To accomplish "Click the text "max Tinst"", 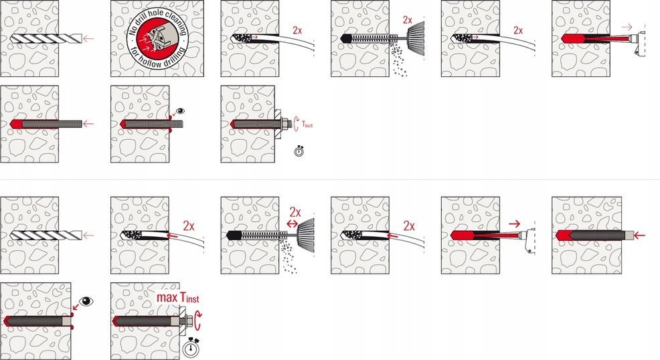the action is point(177,298).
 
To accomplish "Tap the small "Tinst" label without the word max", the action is point(307,124).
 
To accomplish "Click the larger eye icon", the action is point(86,301).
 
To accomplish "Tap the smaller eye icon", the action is point(181,111).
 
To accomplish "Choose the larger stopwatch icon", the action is point(191,347).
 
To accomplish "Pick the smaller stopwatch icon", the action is point(299,151).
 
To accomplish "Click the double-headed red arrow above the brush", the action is point(292,223).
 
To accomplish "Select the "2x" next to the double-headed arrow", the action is point(295,212).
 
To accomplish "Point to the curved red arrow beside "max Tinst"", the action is point(198,321).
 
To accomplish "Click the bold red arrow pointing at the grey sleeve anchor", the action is point(640,235).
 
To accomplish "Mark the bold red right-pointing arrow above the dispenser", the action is point(514,223).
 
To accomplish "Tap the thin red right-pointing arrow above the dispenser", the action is point(627,27).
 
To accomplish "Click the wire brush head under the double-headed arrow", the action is point(306,236).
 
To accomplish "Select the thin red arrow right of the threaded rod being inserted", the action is point(88,124).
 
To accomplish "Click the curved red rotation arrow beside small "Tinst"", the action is point(296,124).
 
